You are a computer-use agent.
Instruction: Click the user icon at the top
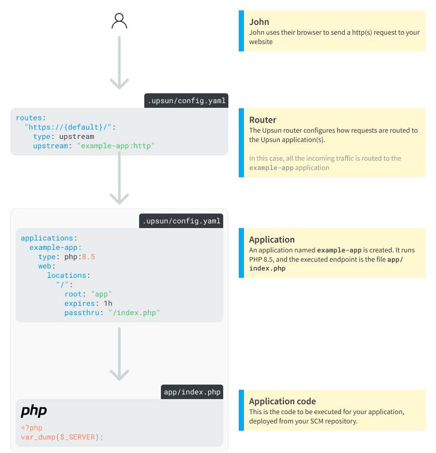click(x=119, y=21)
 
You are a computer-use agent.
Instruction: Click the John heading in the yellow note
click(x=259, y=22)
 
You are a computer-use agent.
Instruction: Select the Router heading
click(x=263, y=120)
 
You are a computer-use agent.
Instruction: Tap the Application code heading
click(x=282, y=401)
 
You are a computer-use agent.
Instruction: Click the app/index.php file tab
click(x=192, y=392)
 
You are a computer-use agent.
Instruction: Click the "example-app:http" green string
click(x=116, y=146)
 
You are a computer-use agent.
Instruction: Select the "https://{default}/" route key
click(x=71, y=128)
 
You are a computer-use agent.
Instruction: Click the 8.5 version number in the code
click(x=89, y=257)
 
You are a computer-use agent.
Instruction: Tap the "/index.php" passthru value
click(x=134, y=313)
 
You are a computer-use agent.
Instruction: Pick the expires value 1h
click(x=108, y=303)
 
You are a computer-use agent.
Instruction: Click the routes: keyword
click(x=30, y=118)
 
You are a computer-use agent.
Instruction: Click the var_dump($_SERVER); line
click(x=62, y=437)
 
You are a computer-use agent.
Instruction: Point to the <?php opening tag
click(x=32, y=428)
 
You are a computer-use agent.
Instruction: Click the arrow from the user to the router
click(x=119, y=62)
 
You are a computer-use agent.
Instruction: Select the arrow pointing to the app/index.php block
click(x=119, y=355)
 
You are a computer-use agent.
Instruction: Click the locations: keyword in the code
click(x=69, y=275)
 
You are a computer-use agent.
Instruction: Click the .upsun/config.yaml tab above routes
click(x=186, y=101)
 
